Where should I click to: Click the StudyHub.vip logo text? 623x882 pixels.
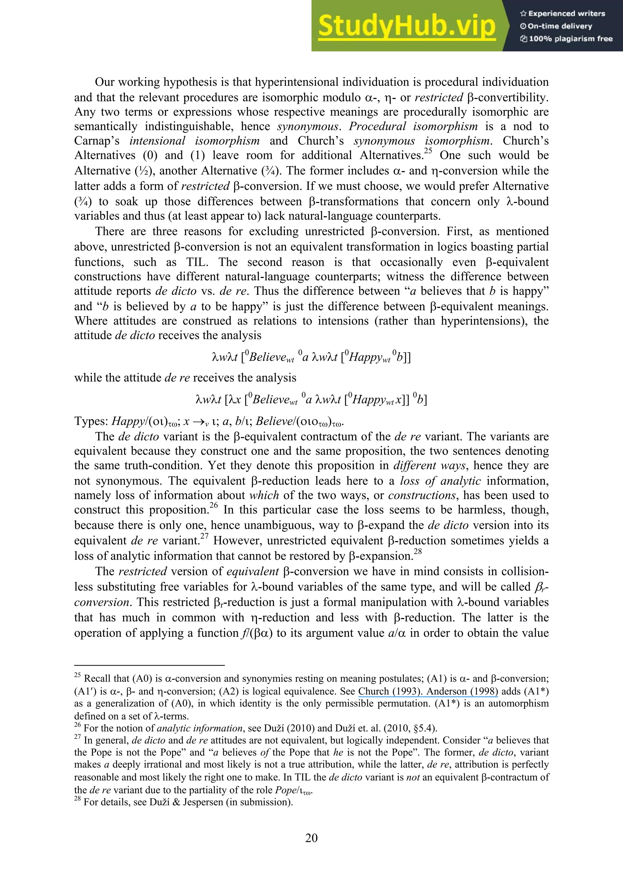406,26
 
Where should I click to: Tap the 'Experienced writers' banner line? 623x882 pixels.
562,13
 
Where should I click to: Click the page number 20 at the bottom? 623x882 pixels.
311,838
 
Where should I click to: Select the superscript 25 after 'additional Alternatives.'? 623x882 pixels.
428,151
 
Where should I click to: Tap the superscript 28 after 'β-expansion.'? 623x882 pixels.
418,552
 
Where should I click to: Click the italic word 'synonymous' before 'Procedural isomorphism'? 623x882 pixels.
308,127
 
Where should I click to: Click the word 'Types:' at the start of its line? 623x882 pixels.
91,421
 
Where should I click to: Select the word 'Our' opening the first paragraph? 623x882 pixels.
104,82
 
